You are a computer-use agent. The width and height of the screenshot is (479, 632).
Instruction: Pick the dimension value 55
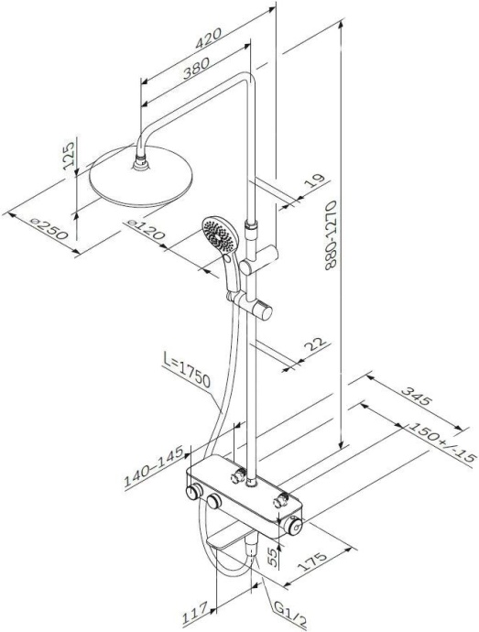click(x=271, y=556)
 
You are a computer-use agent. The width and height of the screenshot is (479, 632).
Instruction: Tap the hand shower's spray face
click(x=216, y=235)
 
